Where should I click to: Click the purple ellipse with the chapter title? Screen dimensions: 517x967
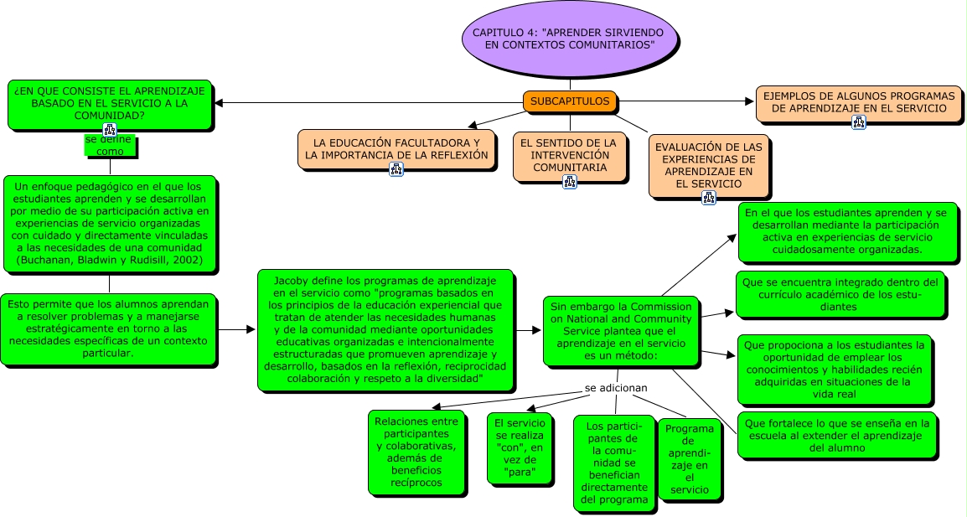[x=569, y=39]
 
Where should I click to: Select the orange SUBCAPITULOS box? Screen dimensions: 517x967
[x=570, y=101]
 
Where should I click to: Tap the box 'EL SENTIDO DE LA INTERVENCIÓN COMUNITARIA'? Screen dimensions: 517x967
[x=568, y=155]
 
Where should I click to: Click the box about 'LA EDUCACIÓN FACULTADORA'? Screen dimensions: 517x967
[x=396, y=148]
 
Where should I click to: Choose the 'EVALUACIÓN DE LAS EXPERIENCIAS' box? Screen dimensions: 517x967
[x=708, y=165]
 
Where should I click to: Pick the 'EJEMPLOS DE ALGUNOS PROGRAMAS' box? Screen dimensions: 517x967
[x=858, y=101]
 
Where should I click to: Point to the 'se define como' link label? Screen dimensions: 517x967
[x=110, y=146]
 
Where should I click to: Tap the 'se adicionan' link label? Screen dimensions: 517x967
[x=616, y=388]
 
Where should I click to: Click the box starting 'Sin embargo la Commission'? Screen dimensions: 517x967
[x=621, y=330]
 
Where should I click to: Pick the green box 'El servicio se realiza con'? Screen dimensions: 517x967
[x=520, y=448]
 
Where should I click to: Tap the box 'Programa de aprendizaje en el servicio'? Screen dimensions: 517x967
[x=689, y=458]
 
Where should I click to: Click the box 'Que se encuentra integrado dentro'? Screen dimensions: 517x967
[x=840, y=294]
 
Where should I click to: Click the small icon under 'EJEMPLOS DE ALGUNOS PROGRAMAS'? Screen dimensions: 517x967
[x=858, y=122]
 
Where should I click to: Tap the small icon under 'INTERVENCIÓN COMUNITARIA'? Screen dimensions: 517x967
[x=569, y=180]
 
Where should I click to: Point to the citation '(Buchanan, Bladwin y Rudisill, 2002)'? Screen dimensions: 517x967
[x=110, y=261]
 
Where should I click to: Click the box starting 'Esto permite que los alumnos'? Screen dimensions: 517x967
[x=109, y=328]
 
